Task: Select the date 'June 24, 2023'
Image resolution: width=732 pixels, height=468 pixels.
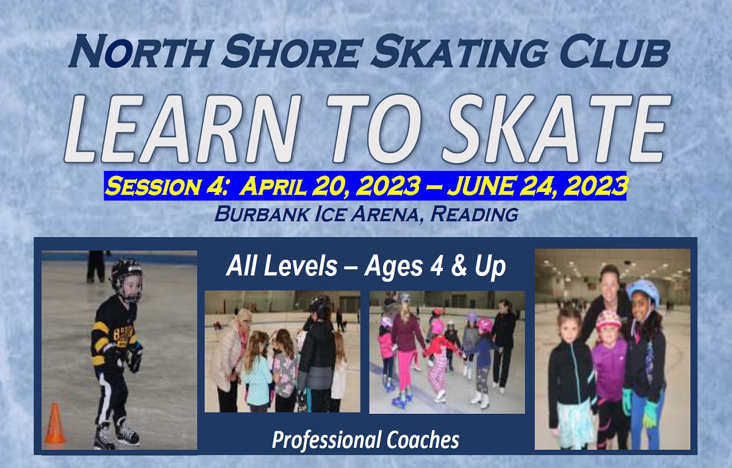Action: [537, 185]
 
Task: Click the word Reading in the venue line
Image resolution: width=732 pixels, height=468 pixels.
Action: [474, 214]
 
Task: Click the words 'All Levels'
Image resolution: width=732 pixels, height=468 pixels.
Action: [282, 266]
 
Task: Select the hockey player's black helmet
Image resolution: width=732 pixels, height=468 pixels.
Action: [127, 280]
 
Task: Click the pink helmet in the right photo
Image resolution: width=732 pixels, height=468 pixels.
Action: [608, 320]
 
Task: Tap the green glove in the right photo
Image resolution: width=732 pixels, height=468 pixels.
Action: [650, 414]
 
